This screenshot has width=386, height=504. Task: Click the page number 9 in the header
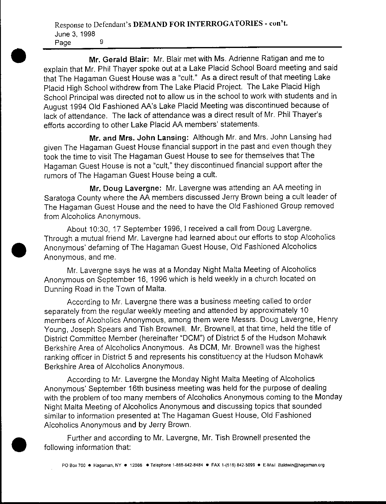coord(102,42)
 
